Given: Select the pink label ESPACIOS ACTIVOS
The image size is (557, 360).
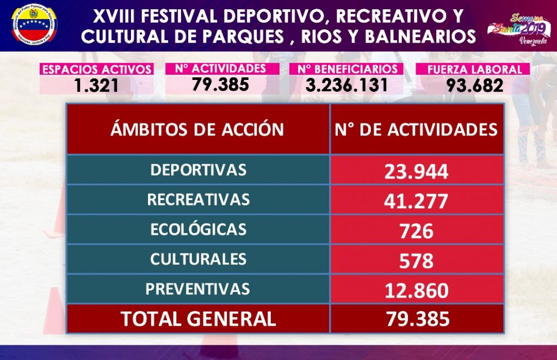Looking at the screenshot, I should coord(96,70).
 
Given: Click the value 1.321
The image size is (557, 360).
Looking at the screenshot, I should coord(96,85).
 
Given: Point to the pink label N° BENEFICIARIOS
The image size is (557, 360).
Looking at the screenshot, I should coord(347,70).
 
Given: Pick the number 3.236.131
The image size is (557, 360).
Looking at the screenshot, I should coord(347,85).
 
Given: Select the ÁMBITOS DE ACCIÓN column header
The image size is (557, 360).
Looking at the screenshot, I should coord(197,129).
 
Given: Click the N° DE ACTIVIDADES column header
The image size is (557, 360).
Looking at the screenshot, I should coord(417,129).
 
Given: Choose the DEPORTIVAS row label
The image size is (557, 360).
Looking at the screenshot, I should coord(198,170).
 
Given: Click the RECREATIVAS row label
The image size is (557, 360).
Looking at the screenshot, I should coord(198,200).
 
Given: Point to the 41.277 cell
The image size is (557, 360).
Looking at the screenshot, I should coord(417,201).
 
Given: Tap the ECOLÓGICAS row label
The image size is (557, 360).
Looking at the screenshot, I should coord(198,229).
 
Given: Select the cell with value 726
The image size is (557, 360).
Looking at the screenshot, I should coord(417,231).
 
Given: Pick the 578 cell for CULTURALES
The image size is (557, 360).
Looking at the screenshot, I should coord(417,261).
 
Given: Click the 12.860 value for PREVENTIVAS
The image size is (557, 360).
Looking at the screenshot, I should coord(417,290).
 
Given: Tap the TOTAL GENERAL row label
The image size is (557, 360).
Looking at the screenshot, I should coord(198,319).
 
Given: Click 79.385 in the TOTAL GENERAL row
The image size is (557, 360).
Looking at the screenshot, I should coord(417,319).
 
